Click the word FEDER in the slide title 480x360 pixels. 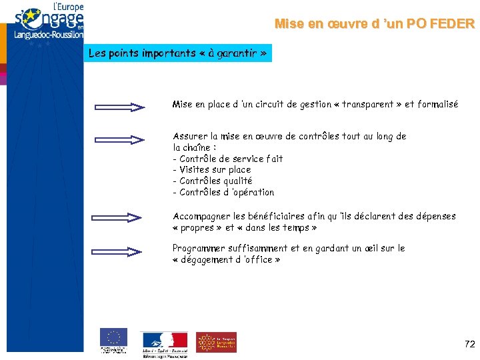pyautogui.click(x=453, y=25)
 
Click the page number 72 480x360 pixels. pyautogui.click(x=469, y=344)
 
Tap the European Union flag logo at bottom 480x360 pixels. pyautogui.click(x=113, y=338)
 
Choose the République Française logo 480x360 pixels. pyautogui.click(x=164, y=343)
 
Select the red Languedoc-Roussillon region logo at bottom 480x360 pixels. pyautogui.click(x=216, y=342)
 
